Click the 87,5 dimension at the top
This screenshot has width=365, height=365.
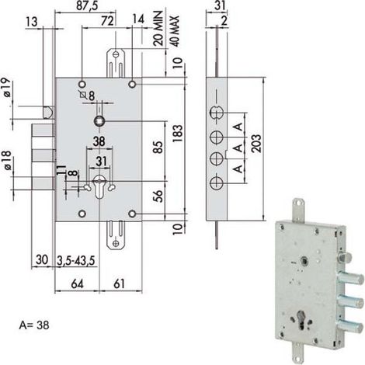click(87, 5)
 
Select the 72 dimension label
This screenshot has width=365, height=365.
click(107, 21)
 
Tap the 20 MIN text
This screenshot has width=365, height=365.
click(158, 28)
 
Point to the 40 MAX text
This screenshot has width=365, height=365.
click(175, 31)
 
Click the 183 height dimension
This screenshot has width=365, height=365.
click(178, 134)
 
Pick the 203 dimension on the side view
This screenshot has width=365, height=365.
click(256, 143)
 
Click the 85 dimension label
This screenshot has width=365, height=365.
click(158, 147)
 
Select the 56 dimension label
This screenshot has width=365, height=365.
click(158, 196)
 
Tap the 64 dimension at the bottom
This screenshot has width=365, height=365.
click(78, 283)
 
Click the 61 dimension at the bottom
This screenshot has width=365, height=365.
click(120, 283)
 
